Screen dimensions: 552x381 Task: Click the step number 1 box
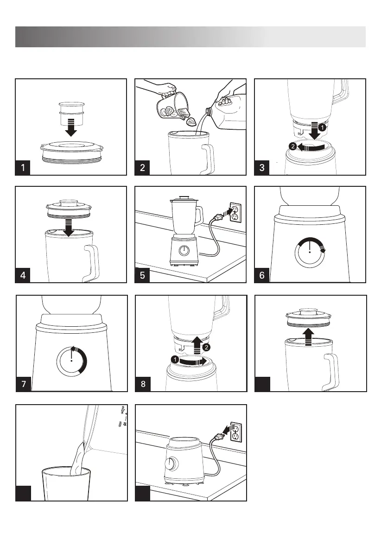(23, 168)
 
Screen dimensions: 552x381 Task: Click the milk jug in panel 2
(227, 109)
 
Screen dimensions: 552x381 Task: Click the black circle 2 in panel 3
(292, 146)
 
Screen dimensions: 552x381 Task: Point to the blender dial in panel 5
(184, 251)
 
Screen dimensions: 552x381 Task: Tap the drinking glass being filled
(66, 484)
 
